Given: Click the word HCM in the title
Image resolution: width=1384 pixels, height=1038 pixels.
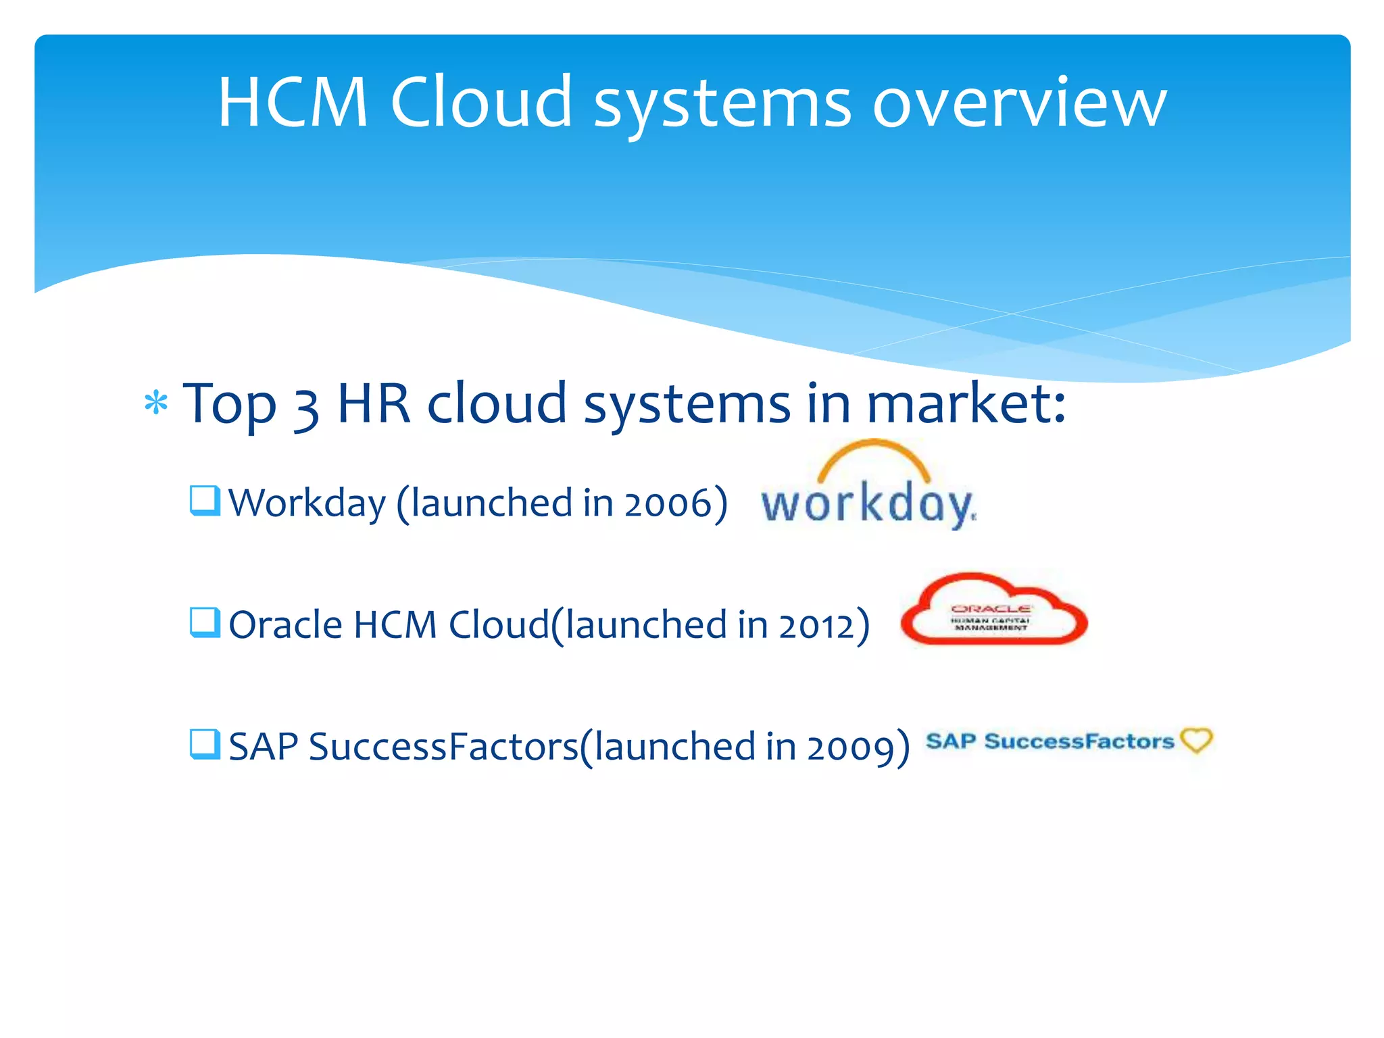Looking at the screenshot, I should (293, 103).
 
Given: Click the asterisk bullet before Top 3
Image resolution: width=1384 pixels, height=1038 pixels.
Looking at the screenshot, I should (156, 403).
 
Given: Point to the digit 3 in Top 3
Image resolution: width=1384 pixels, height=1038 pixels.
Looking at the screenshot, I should (305, 408).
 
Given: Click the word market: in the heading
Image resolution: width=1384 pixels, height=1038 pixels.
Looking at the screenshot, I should (966, 403).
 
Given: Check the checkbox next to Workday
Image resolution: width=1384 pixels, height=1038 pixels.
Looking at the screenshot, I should (205, 501).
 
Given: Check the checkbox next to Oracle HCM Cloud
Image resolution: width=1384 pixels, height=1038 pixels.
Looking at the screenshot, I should (205, 622).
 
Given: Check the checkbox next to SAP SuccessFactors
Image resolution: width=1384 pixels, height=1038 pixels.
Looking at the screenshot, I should (205, 744).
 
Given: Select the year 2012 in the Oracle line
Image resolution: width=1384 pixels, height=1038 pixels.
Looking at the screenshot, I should (816, 626).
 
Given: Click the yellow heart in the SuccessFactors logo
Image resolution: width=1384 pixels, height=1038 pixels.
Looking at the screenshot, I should (1196, 740).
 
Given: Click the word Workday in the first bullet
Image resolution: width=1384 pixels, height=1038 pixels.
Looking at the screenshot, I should (307, 504).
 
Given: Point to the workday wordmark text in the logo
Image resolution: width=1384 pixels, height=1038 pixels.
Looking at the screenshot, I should (868, 505).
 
